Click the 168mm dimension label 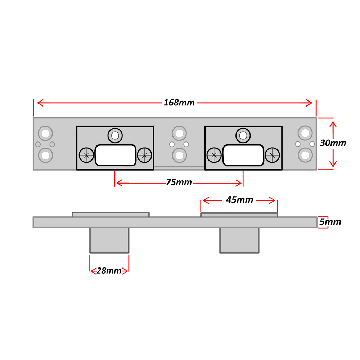[x=179, y=103]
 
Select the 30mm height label [x=333, y=143]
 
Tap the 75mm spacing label [x=179, y=183]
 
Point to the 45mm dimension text [x=239, y=200]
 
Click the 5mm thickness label [x=330, y=222]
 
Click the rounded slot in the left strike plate [x=115, y=155]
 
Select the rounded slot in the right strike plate [x=243, y=155]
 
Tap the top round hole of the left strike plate [x=115, y=135]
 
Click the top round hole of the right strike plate [x=243, y=135]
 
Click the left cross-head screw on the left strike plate [x=86, y=155]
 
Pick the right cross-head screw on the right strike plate [x=272, y=155]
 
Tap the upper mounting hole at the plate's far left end [x=45, y=133]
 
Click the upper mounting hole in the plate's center [x=179, y=133]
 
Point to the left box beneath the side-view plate [x=109, y=240]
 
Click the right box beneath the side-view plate [x=239, y=240]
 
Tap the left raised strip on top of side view [x=111, y=215]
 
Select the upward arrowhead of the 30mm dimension [x=333, y=124]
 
